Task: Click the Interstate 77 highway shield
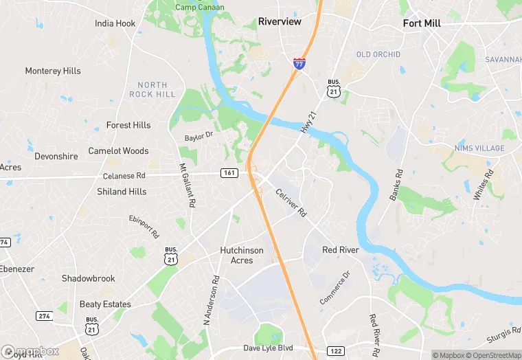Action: coord(299,64)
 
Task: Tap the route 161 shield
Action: coord(229,172)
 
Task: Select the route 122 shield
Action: coord(335,351)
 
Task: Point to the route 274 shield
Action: coord(45,315)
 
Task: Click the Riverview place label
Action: coord(280,22)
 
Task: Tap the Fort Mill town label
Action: coord(422,23)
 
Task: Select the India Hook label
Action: coord(115,23)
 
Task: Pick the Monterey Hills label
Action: coord(53,71)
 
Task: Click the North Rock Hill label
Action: coord(152,89)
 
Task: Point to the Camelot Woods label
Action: coord(118,150)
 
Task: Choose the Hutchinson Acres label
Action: coord(242,255)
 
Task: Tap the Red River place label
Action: coord(341,250)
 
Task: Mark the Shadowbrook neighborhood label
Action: coord(89,278)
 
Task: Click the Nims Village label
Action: coord(479,148)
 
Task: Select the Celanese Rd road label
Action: coord(124,175)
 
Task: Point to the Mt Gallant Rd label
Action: coord(188,185)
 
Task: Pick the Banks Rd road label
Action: coord(397,184)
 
